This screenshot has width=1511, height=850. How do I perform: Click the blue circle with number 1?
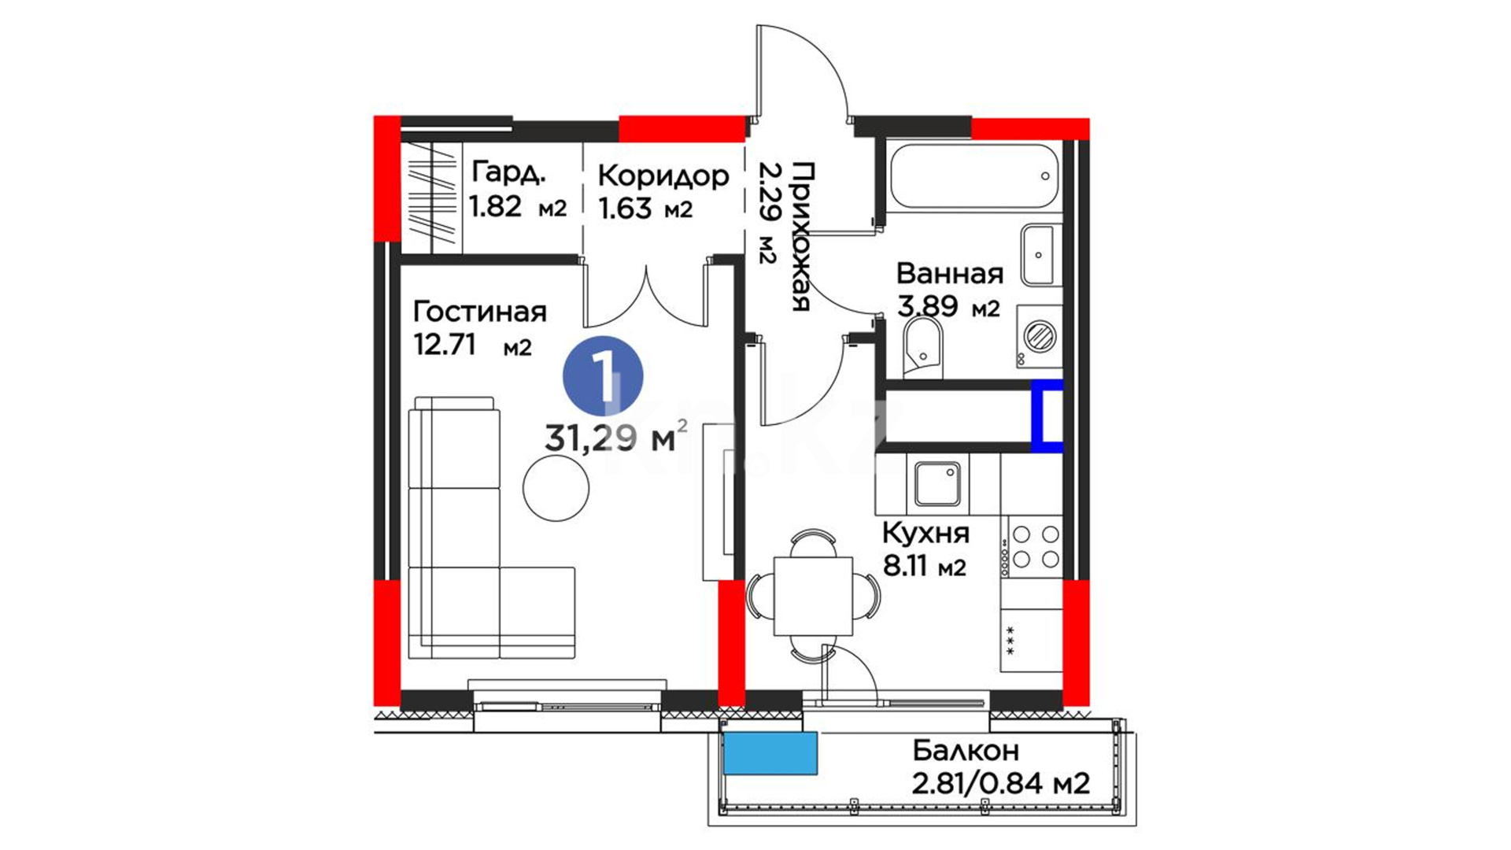tap(603, 376)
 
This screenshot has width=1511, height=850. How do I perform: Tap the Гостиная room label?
tap(479, 312)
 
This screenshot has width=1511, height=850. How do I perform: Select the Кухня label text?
tap(925, 534)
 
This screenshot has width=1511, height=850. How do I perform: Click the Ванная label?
tap(950, 273)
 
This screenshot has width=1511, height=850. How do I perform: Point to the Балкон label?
tap(966, 751)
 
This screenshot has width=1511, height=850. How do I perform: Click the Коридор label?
tap(663, 176)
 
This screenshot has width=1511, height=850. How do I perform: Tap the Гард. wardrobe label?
tap(508, 172)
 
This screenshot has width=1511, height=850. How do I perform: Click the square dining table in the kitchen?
tap(813, 596)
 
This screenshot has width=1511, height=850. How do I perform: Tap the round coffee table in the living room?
tap(556, 488)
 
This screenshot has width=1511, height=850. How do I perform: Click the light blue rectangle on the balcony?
tap(770, 753)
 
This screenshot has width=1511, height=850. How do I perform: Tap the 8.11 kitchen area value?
tap(905, 565)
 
